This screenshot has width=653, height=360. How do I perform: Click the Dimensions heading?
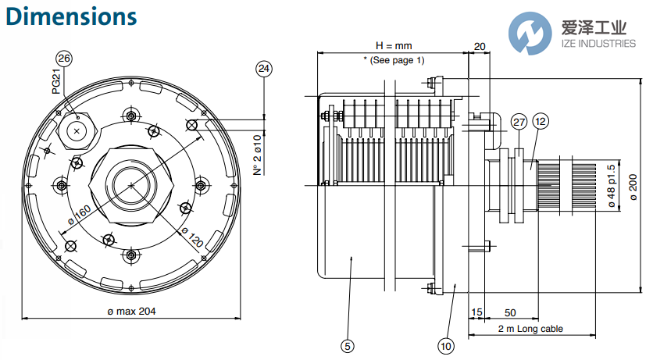pyautogui.click(x=70, y=16)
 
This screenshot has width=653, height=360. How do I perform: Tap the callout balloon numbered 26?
pyautogui.click(x=65, y=59)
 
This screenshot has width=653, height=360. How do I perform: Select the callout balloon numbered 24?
pyautogui.click(x=264, y=70)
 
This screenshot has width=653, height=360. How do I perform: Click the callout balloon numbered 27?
pyautogui.click(x=519, y=122)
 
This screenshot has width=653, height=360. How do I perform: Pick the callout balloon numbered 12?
pyautogui.click(x=541, y=122)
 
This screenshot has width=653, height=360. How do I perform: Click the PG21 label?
pyautogui.click(x=57, y=81)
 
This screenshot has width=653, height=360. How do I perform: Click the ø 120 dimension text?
pyautogui.click(x=192, y=236)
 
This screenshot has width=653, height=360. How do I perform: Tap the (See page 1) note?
pyautogui.click(x=394, y=60)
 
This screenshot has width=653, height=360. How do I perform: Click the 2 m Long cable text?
pyautogui.click(x=530, y=330)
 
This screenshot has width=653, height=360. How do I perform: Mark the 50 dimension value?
pyautogui.click(x=509, y=312)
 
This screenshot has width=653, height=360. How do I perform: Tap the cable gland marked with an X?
pyautogui.click(x=77, y=131)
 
